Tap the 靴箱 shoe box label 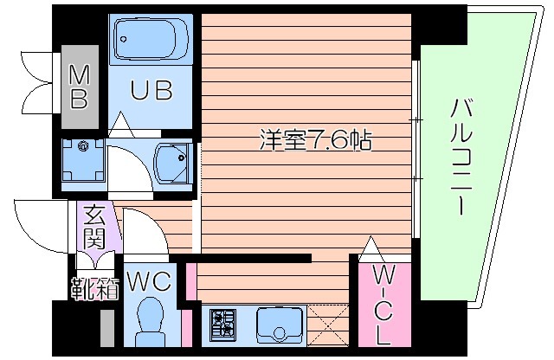(x=95, y=287)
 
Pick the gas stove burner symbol (x=222, y=324)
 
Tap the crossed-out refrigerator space (x=328, y=325)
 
